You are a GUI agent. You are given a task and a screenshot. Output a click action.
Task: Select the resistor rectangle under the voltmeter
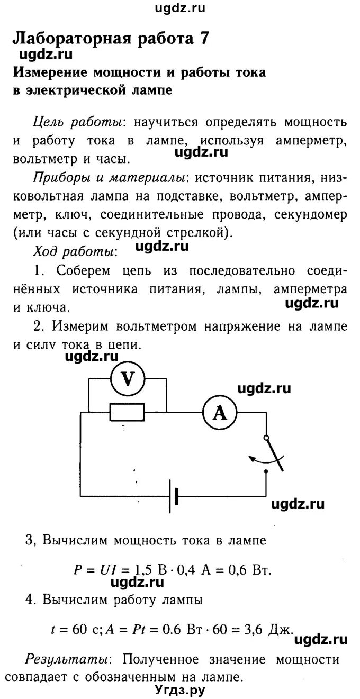tap(128, 412)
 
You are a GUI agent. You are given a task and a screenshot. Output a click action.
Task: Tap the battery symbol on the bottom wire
tap(173, 497)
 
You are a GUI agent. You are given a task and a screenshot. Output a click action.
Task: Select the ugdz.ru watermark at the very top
tap(179, 7)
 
